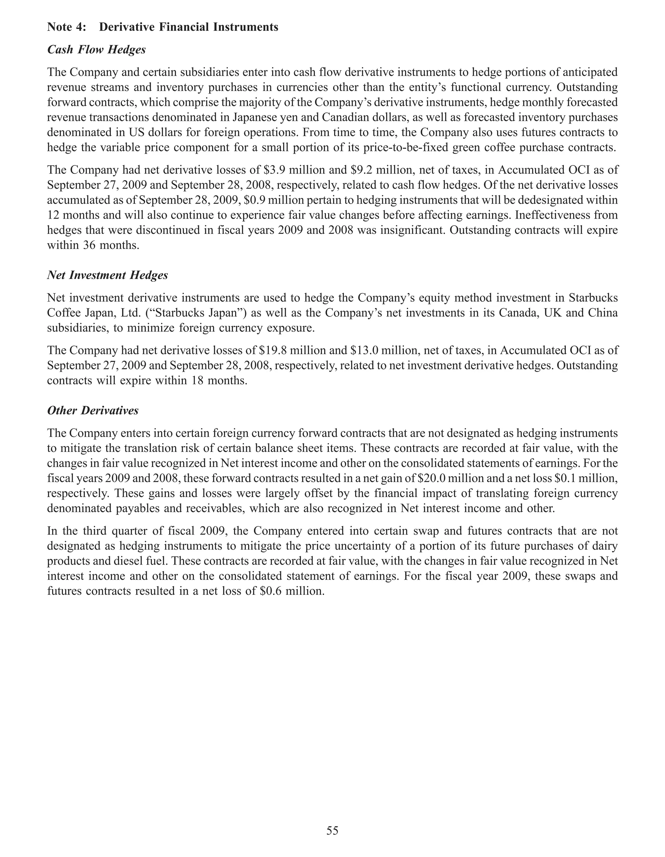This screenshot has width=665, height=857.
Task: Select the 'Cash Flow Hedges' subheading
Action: point(96,50)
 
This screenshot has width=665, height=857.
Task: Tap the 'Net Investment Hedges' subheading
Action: point(107,275)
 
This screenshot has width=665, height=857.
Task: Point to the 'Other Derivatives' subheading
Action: point(93,410)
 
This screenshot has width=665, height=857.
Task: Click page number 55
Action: point(332,830)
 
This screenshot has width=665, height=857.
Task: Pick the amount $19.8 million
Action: point(286,351)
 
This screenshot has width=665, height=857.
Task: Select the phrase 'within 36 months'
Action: point(93,246)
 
